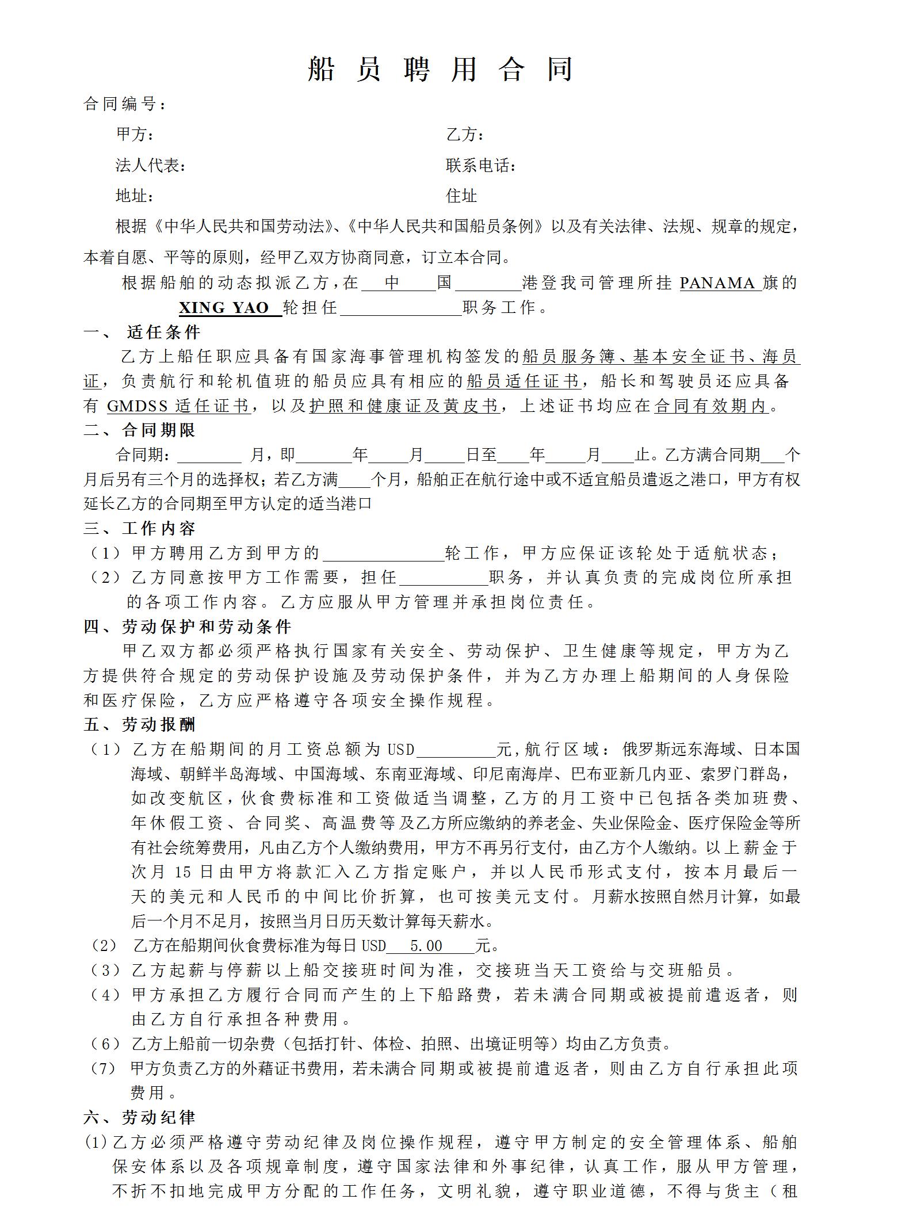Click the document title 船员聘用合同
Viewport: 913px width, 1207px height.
441,70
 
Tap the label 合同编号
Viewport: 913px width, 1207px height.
125,104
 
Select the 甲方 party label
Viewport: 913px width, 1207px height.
135,135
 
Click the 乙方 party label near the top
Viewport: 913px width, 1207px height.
464,135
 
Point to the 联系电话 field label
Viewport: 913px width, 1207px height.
480,166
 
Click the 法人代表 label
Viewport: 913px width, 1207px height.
150,166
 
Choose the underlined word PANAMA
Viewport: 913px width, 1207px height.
717,283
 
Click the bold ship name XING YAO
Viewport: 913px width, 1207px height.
224,308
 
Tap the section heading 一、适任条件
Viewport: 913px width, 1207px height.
142,332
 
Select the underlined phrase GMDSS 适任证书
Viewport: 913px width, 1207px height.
178,406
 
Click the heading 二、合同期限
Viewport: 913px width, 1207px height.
139,430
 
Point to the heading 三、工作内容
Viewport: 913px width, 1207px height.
139,529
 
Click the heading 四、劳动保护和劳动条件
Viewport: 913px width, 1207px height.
187,627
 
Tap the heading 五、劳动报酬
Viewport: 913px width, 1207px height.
139,725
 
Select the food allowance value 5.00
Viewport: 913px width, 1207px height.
426,946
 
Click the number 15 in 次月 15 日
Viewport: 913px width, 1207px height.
182,872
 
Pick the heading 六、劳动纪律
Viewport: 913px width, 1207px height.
139,1118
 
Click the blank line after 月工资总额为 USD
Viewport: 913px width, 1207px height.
456,750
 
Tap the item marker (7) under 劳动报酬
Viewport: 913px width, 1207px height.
104,1068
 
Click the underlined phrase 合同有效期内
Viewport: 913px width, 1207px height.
711,406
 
